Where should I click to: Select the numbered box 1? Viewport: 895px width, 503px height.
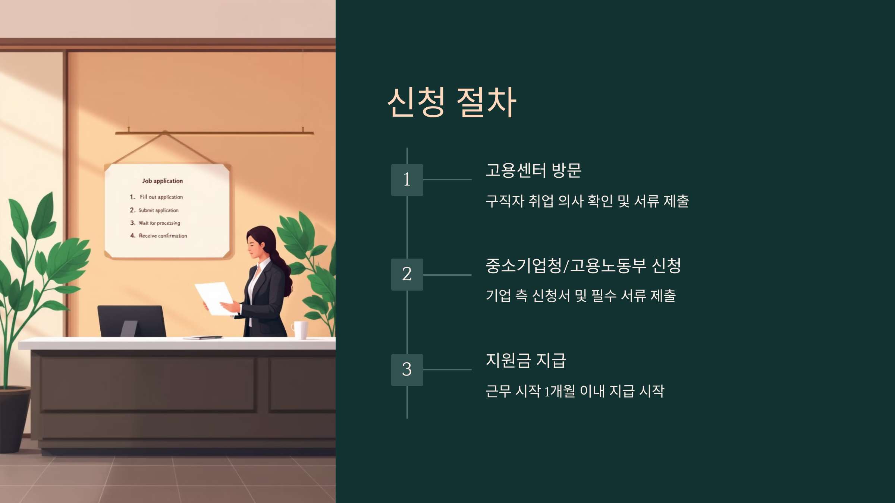[x=407, y=180]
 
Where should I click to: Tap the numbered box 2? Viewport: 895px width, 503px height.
[x=407, y=274]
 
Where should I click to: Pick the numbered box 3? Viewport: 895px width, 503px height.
[x=407, y=370]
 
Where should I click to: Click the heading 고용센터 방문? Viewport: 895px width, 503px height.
[x=533, y=170]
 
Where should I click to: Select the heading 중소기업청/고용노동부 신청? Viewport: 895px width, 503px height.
[x=583, y=266]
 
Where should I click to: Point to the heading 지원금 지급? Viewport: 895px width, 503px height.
[x=526, y=360]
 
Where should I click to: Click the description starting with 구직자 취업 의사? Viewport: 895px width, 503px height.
[x=587, y=201]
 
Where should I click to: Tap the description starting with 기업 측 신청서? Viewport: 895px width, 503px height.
[x=581, y=296]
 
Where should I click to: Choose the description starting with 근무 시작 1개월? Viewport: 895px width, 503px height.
[x=575, y=391]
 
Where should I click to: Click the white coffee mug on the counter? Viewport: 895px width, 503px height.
[x=300, y=330]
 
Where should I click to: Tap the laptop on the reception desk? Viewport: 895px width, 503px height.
[x=132, y=321]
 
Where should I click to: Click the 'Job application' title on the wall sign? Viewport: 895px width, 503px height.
[x=163, y=181]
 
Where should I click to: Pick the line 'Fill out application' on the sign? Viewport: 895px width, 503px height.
[x=161, y=197]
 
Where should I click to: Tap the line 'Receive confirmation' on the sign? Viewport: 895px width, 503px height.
[x=163, y=236]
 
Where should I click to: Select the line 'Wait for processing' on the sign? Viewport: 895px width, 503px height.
[x=159, y=223]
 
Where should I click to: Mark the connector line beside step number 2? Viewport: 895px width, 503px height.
[x=447, y=275]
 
